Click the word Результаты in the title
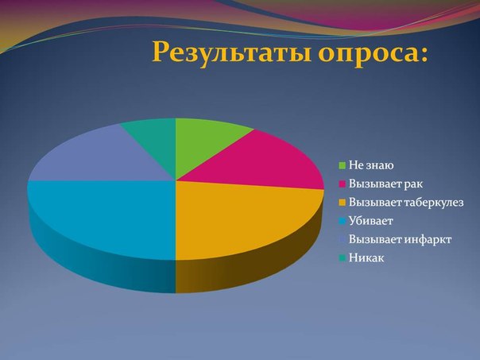pos(231,51)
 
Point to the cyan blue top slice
pos(104,217)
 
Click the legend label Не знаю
pos(371,165)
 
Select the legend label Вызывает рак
pos(385,184)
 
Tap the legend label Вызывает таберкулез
pos(406,203)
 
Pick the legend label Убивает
pos(370,221)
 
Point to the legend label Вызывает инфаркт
pos(400,239)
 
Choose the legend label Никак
pos(366,257)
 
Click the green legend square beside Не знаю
pos(343,165)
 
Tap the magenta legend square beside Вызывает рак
pos(343,184)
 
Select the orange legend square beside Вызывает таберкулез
pos(343,203)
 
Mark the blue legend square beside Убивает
pos(343,221)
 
